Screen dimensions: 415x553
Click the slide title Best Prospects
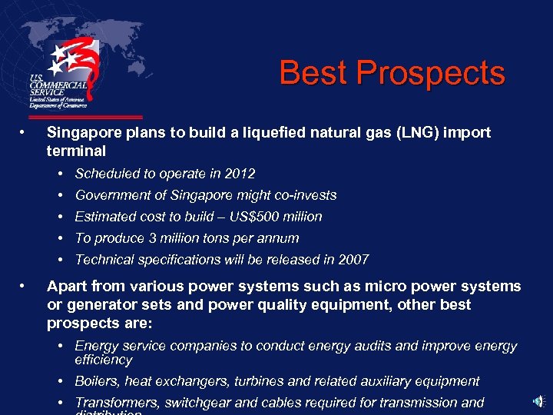coord(392,74)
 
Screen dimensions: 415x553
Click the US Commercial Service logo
coord(65,73)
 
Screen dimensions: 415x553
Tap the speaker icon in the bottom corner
coord(540,401)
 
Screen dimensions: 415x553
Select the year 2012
coord(239,174)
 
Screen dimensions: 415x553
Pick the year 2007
coord(353,260)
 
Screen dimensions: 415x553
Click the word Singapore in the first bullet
coord(84,133)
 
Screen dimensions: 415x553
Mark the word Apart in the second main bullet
coord(66,287)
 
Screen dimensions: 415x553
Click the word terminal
coord(76,151)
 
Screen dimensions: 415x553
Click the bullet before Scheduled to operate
coord(61,174)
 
